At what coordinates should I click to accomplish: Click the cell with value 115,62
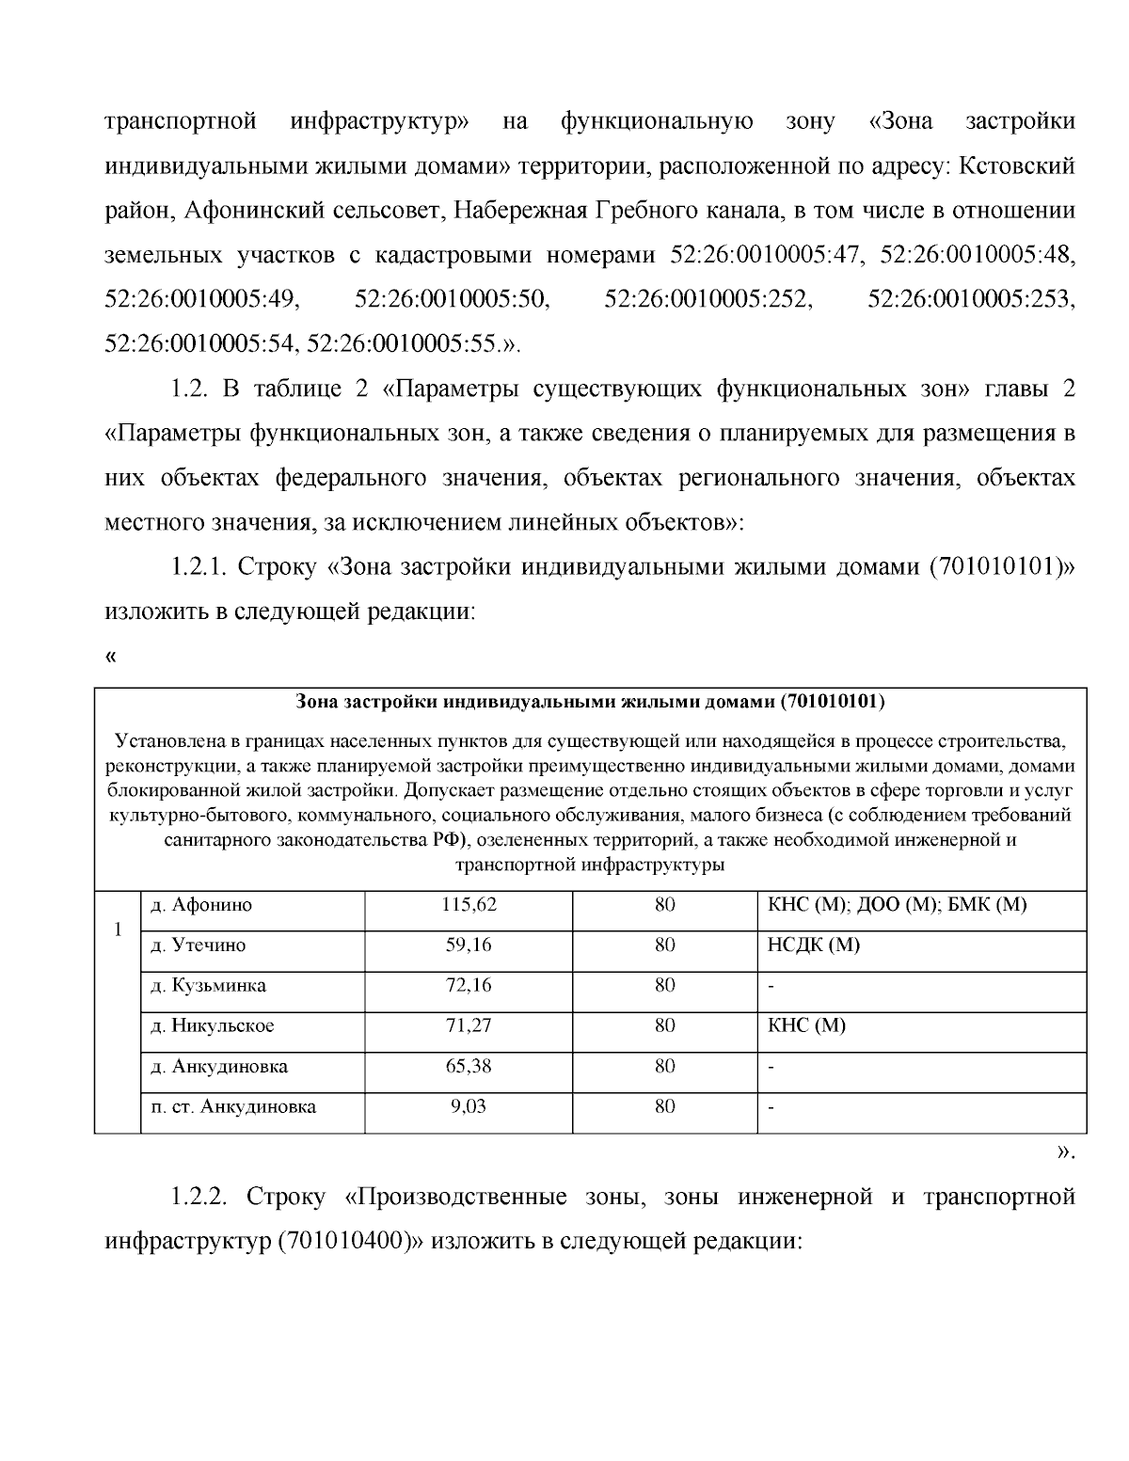pyautogui.click(x=468, y=905)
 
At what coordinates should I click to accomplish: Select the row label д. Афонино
pyautogui.click(x=201, y=905)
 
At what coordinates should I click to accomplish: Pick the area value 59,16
pyautogui.click(x=468, y=945)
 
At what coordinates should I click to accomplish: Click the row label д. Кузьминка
pyautogui.click(x=208, y=985)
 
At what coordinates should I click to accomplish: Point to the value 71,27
pyautogui.click(x=468, y=1025)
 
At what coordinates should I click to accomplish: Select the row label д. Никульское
pyautogui.click(x=213, y=1025)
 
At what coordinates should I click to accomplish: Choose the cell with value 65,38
pyautogui.click(x=468, y=1066)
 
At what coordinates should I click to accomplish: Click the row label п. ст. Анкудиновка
pyautogui.click(x=233, y=1106)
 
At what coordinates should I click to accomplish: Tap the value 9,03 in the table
pyautogui.click(x=468, y=1106)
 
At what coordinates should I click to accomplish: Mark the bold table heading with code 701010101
pyautogui.click(x=590, y=702)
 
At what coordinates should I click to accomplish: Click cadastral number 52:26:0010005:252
pyautogui.click(x=708, y=299)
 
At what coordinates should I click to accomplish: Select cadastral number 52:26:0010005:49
pyautogui.click(x=201, y=299)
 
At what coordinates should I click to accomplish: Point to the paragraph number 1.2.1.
pyautogui.click(x=199, y=567)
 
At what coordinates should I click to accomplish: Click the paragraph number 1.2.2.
pyautogui.click(x=199, y=1197)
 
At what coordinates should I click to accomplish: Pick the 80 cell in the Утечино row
pyautogui.click(x=664, y=945)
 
